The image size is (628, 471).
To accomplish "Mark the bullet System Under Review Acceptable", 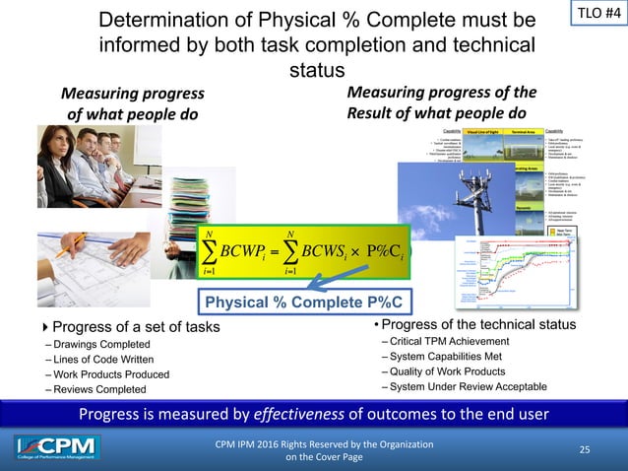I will coord(466,386).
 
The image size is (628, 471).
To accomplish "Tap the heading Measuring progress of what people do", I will coord(133,103).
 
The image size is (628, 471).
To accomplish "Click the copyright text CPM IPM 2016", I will coord(324,444).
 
